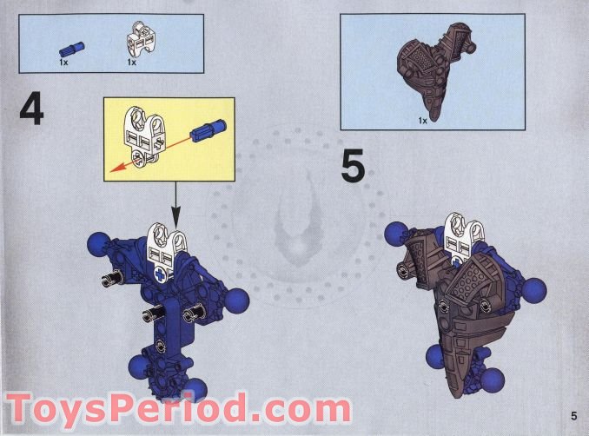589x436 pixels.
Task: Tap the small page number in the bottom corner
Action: click(574, 414)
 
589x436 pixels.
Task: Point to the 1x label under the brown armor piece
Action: click(422, 120)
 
